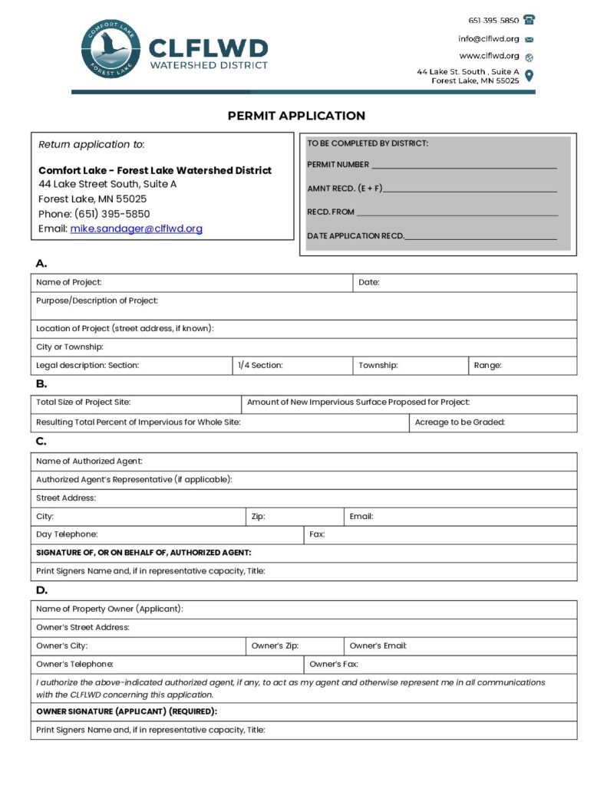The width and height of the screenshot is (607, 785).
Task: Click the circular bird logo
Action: (x=111, y=50)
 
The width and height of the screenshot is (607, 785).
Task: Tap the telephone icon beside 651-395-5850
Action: (x=529, y=20)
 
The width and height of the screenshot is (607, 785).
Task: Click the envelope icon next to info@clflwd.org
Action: (x=529, y=39)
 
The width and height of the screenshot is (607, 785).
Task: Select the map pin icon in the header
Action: (x=529, y=76)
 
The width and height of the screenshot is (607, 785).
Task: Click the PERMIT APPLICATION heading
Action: (x=296, y=116)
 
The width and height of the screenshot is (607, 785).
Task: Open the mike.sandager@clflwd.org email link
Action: (x=137, y=228)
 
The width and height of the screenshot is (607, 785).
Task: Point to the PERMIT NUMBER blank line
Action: (x=464, y=165)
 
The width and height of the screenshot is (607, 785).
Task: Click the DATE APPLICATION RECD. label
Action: (x=355, y=236)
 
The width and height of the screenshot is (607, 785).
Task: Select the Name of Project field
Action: (x=223, y=282)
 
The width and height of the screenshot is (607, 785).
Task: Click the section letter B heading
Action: (x=41, y=383)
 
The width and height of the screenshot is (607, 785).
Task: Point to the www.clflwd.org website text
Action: (x=489, y=56)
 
